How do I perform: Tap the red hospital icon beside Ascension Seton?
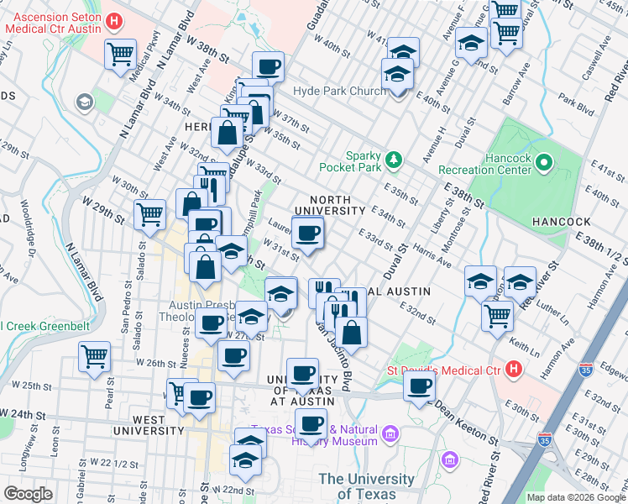pos(116,18)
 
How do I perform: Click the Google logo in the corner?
pos(28,494)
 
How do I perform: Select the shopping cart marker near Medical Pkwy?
pos(120,54)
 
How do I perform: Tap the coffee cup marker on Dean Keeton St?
pos(419,386)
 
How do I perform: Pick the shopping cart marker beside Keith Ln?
pos(497,315)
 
